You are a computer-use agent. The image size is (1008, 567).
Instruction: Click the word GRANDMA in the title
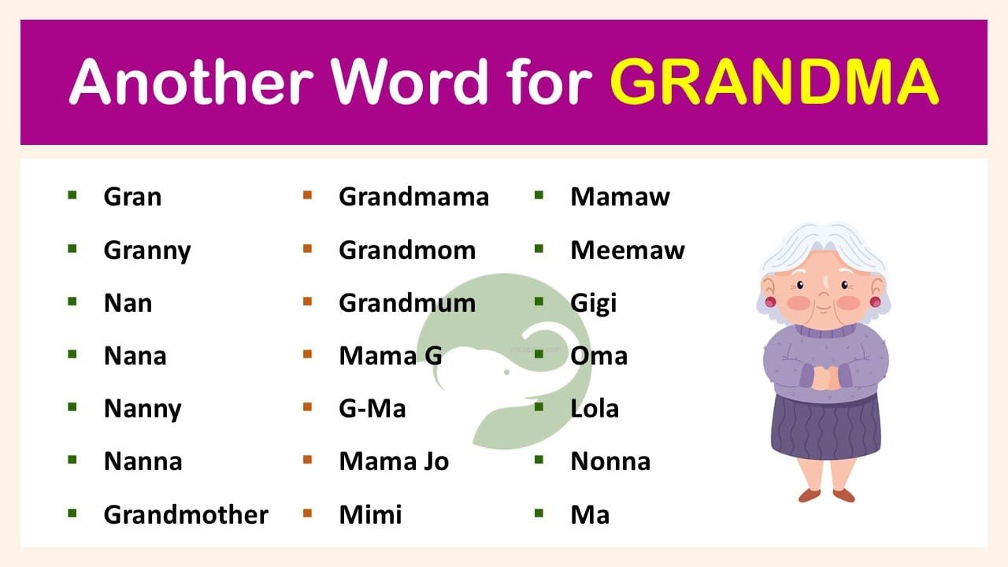point(774,81)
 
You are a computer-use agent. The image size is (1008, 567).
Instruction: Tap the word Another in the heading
point(189,81)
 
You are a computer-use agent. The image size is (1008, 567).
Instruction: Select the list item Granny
point(147,250)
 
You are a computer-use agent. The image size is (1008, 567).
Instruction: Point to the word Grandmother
point(186,514)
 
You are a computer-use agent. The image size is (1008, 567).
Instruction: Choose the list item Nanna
point(143,461)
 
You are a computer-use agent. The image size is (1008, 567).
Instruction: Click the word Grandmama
point(413,196)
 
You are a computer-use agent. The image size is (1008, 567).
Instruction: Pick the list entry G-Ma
point(372,409)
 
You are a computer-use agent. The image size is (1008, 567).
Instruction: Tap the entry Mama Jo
point(394,461)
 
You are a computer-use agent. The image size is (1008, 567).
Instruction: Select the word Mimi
point(370,514)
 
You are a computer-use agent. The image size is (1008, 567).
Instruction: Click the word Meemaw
point(628,250)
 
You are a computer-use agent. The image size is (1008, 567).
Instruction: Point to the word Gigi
point(594,303)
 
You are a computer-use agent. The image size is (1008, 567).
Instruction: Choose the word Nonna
point(610,461)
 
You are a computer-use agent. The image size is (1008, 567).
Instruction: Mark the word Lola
point(595,409)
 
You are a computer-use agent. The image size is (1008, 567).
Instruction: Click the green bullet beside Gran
point(72,195)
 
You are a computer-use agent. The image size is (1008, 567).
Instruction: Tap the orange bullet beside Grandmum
point(307,302)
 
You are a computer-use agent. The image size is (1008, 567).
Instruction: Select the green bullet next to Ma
point(539,513)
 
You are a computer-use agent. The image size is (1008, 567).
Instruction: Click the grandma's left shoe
point(809,495)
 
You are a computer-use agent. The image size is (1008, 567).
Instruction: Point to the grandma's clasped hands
point(824,379)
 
